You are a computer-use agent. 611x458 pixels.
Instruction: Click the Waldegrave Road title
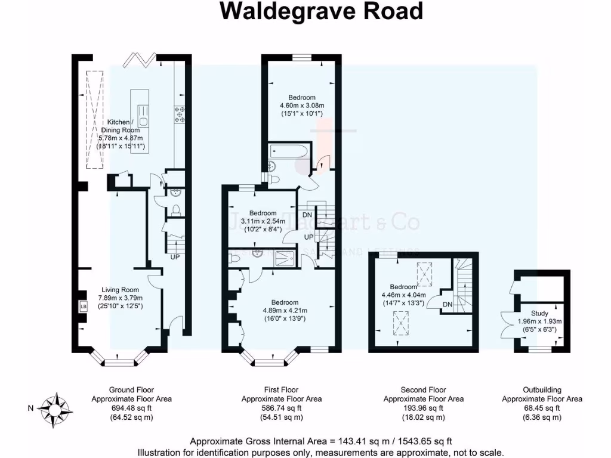tap(322, 12)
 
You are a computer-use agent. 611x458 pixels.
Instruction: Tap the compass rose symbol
tap(57, 410)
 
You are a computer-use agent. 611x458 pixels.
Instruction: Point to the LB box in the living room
tap(84, 306)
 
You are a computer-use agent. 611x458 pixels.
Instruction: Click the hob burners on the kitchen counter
tap(179, 114)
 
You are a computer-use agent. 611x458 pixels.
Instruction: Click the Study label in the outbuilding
tap(539, 313)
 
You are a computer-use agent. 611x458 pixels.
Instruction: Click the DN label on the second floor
tap(447, 305)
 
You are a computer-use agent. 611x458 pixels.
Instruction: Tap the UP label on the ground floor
tap(175, 258)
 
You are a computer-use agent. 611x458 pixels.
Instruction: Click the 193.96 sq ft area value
tap(423, 408)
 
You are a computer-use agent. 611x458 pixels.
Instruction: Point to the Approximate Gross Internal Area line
tap(320, 442)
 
